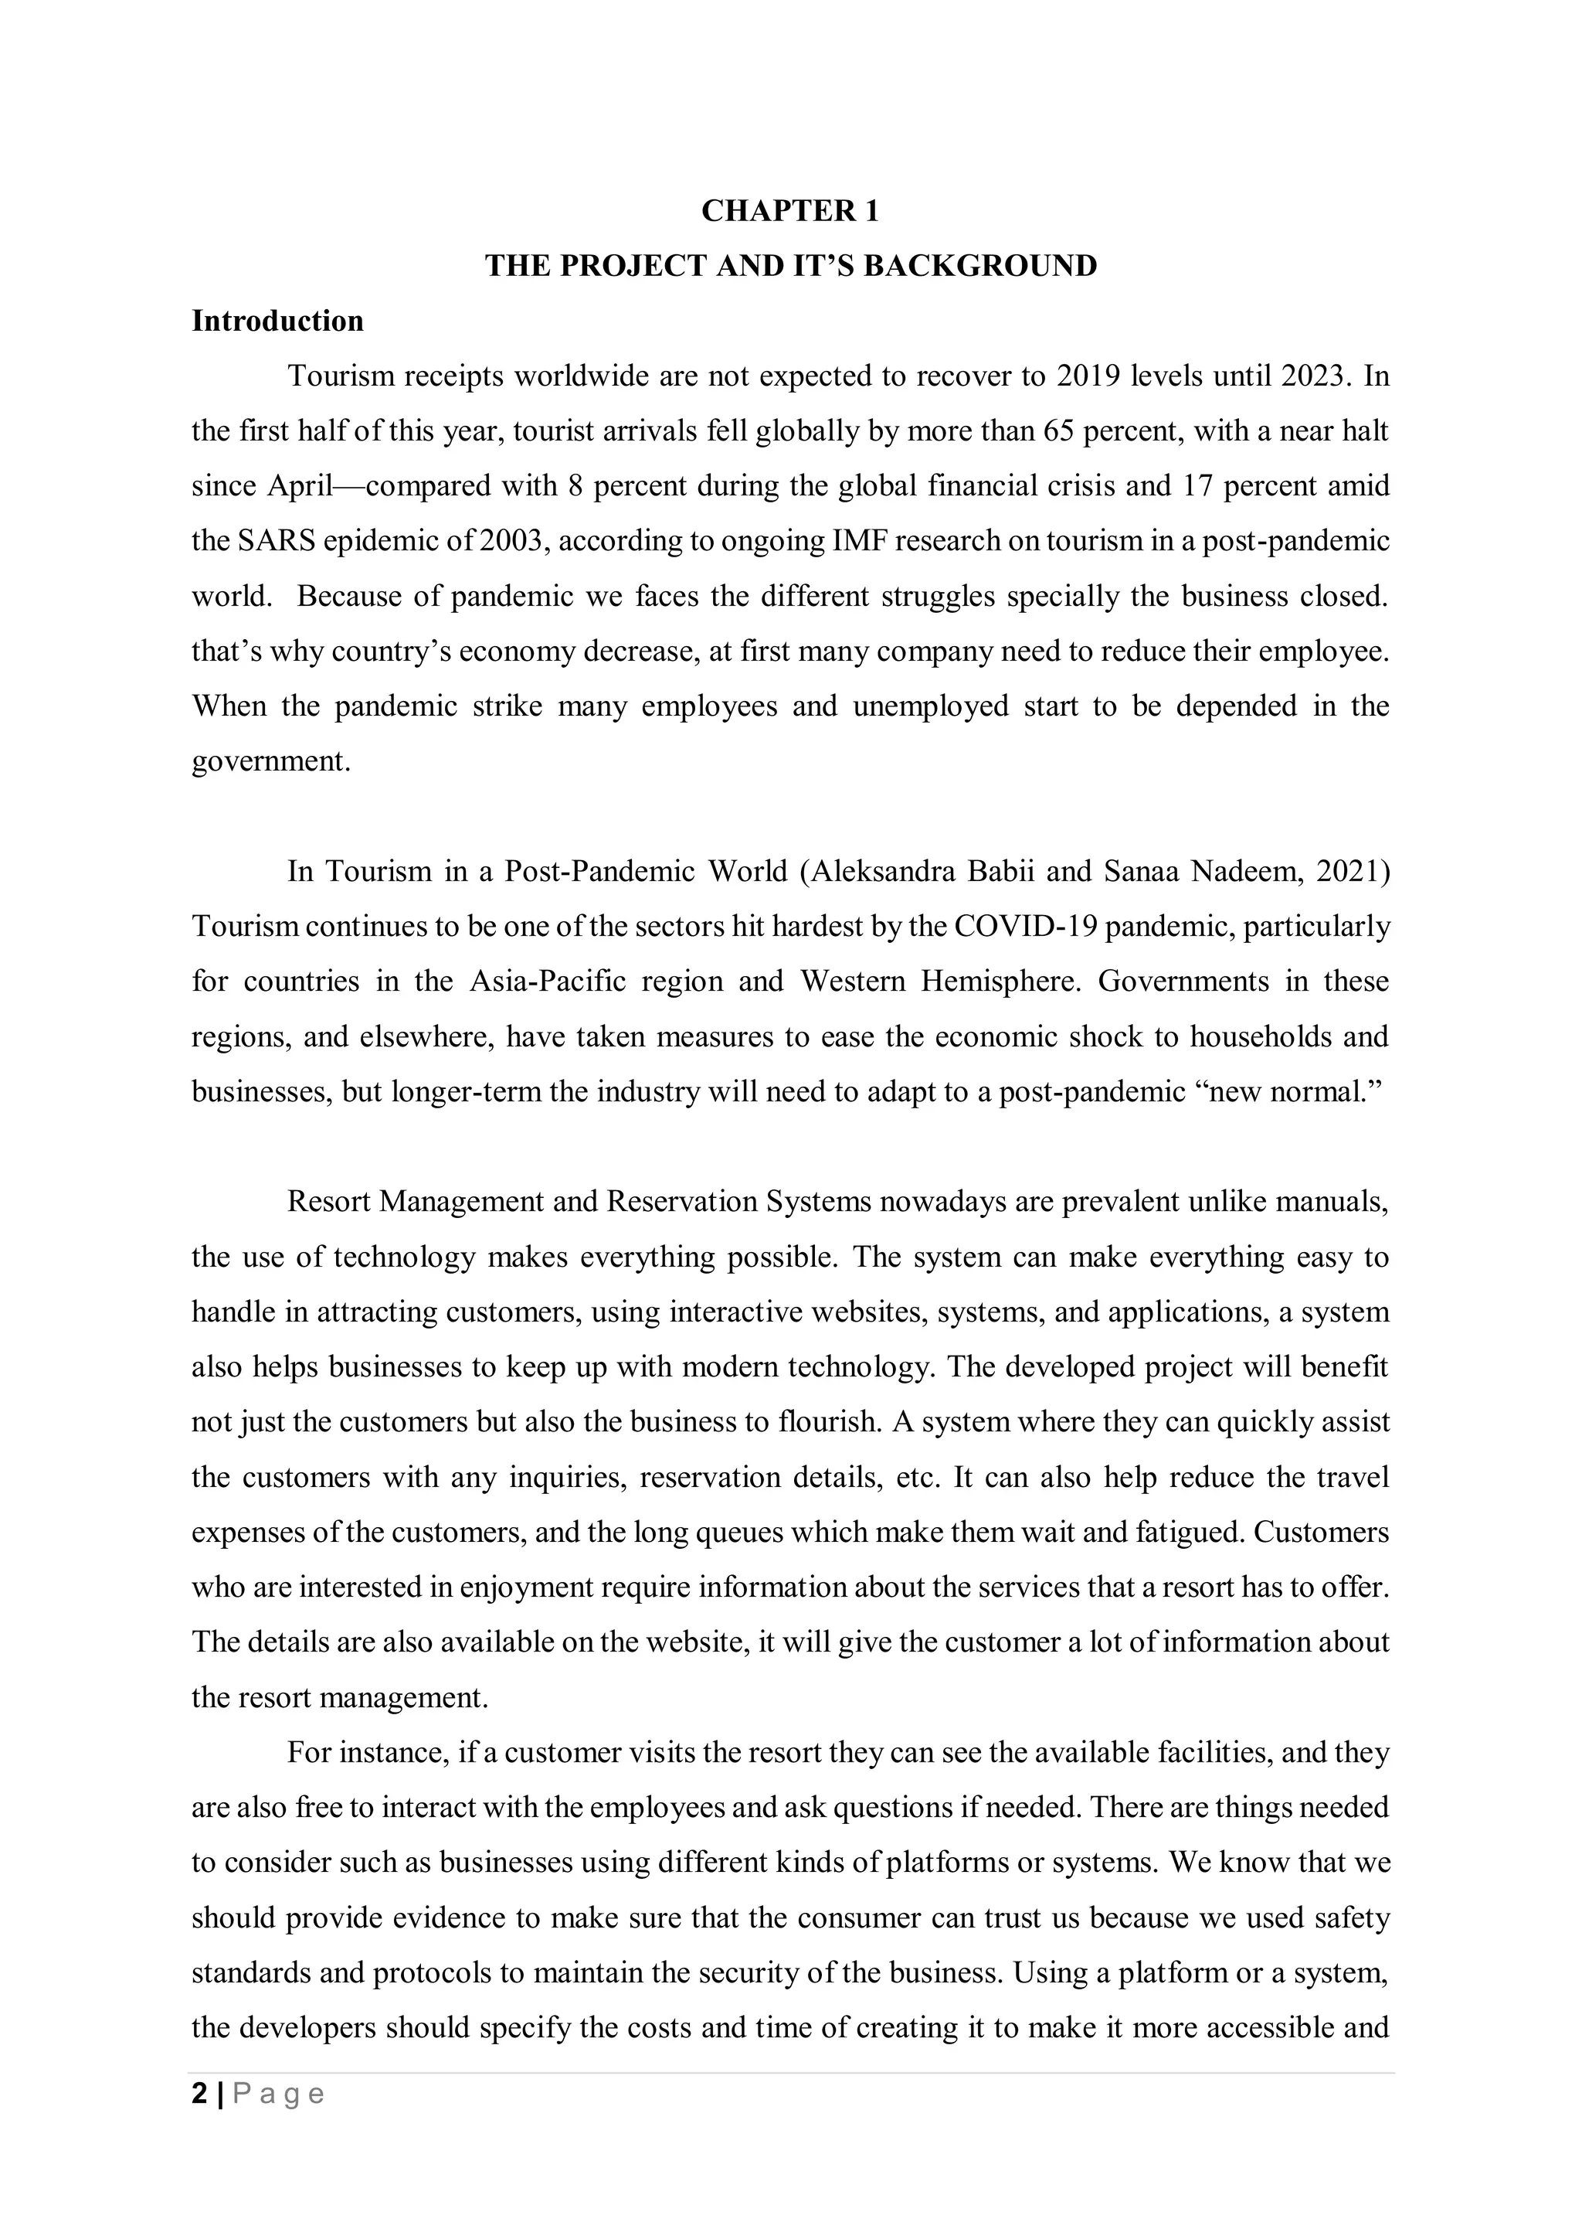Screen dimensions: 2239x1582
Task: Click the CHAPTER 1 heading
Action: pyautogui.click(x=789, y=212)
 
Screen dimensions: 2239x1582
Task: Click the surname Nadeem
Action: pyautogui.click(x=1244, y=872)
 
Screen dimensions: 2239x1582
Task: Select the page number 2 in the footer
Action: pyautogui.click(x=200, y=2094)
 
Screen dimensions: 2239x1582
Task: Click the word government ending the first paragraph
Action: pyautogui.click(x=270, y=761)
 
